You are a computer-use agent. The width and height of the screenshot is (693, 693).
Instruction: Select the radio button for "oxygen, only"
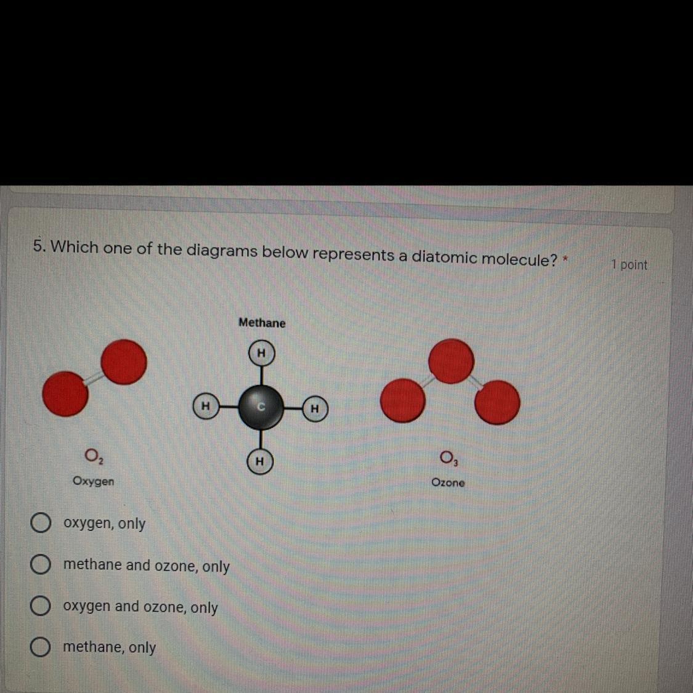[40, 523]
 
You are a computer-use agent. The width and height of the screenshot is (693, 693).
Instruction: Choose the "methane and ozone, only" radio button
[40, 565]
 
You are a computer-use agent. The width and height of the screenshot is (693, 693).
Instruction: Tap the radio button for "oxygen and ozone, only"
[40, 606]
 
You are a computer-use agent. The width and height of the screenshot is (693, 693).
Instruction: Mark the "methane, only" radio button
[40, 647]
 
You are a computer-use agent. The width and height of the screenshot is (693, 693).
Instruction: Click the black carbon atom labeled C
[261, 407]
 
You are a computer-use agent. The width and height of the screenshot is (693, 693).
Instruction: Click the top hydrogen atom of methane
[261, 354]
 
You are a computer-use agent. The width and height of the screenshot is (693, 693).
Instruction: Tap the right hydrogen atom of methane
[315, 408]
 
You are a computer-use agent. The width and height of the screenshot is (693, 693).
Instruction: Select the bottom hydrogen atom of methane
[260, 461]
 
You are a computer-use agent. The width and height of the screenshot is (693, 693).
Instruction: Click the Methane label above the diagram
[262, 323]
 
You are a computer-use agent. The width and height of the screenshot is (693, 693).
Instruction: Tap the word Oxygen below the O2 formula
[93, 481]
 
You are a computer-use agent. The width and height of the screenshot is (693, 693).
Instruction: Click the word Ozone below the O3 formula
[448, 482]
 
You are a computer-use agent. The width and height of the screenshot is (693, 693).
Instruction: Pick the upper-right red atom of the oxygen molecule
[124, 362]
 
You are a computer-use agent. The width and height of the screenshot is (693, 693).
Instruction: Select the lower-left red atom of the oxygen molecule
[65, 394]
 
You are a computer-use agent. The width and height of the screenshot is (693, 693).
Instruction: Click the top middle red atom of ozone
[452, 361]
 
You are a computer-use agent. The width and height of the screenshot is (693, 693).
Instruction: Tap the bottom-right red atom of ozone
[497, 402]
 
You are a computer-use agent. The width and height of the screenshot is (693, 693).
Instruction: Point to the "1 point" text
[630, 265]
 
